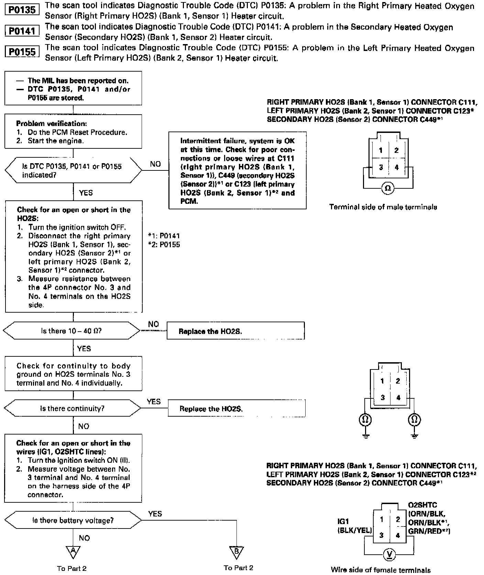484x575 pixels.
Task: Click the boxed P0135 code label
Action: (x=22, y=10)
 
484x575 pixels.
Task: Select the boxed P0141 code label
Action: (x=22, y=31)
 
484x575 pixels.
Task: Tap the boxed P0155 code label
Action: (x=22, y=52)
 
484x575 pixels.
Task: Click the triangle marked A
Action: (x=73, y=551)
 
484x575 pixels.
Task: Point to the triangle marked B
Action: (x=237, y=551)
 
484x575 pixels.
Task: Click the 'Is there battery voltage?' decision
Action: (x=73, y=520)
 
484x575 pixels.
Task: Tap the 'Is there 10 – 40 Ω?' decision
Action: (x=71, y=331)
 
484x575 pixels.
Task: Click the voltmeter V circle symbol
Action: (x=389, y=554)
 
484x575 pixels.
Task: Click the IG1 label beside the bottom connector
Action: (x=343, y=522)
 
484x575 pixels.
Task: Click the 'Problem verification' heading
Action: (x=52, y=124)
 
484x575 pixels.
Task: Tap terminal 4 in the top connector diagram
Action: (x=397, y=167)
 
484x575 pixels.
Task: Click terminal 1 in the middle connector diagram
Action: (x=382, y=381)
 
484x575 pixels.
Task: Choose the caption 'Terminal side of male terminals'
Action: (x=383, y=207)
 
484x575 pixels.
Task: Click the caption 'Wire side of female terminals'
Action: (x=381, y=569)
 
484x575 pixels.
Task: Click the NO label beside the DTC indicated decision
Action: (x=155, y=164)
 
